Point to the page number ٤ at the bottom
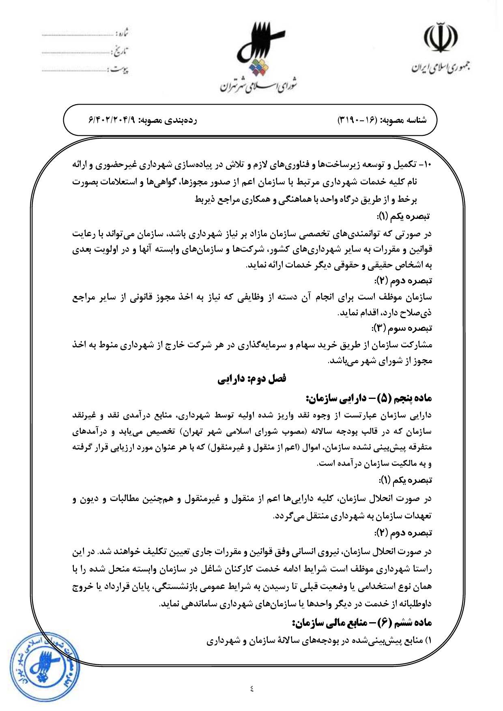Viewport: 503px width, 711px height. click(251, 688)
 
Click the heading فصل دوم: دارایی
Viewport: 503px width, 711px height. click(252, 379)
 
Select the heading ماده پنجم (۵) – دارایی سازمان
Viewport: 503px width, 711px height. click(369, 398)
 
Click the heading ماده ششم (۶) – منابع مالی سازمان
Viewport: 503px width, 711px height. click(362, 622)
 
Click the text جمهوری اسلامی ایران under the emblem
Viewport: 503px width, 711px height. click(441, 67)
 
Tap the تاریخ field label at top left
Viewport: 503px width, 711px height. click(120, 51)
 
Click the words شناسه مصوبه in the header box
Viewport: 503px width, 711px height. click(403, 120)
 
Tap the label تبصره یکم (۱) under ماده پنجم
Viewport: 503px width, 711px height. click(406, 480)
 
